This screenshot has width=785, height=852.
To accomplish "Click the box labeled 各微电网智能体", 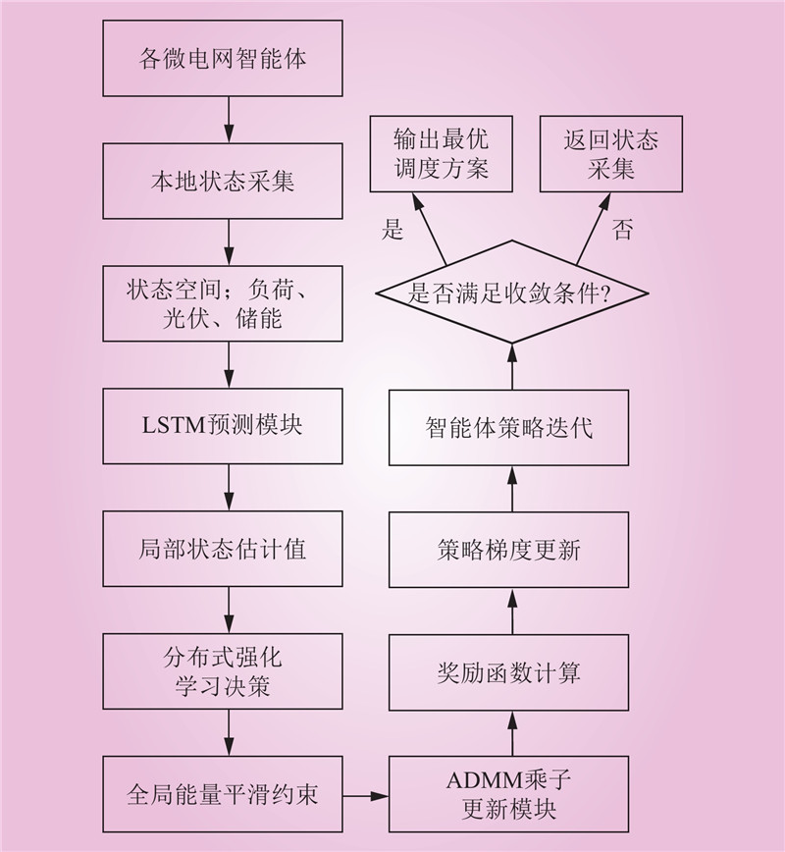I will coord(223,59).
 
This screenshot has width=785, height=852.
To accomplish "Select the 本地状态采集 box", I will coord(223,182).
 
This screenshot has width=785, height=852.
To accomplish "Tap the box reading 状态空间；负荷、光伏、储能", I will coord(223,304).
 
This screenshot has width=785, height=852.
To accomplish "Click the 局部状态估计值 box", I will coord(223,549).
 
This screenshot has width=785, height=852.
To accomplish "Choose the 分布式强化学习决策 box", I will coord(223,671).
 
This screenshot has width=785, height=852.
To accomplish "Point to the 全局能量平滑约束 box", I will coord(223,794).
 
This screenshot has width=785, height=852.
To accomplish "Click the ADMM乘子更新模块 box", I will coord(508,794).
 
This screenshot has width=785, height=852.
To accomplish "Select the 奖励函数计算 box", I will coord(508,672).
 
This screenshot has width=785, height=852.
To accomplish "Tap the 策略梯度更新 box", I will coord(508,550).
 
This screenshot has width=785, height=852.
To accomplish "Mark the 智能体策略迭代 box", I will coord(508,428).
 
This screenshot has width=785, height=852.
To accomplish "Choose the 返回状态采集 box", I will coord(610,153).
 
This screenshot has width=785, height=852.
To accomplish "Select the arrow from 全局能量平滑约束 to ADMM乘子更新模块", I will coord(366,794).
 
